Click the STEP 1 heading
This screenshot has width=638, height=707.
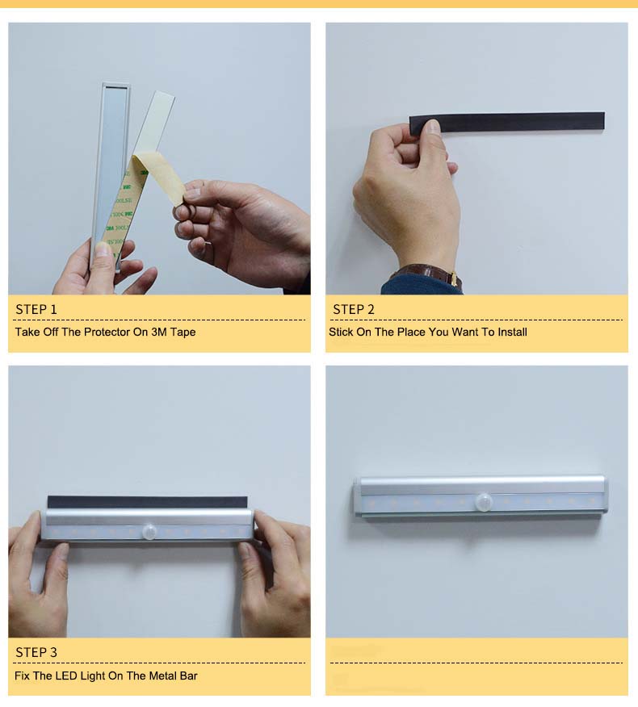pos(36,309)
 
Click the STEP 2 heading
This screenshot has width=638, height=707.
pos(354,309)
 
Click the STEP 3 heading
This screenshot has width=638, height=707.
pos(36,652)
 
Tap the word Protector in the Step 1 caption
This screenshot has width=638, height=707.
pos(108,332)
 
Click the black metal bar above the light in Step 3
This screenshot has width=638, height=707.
pos(145,502)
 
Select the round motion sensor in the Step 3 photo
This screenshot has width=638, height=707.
pos(149,531)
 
